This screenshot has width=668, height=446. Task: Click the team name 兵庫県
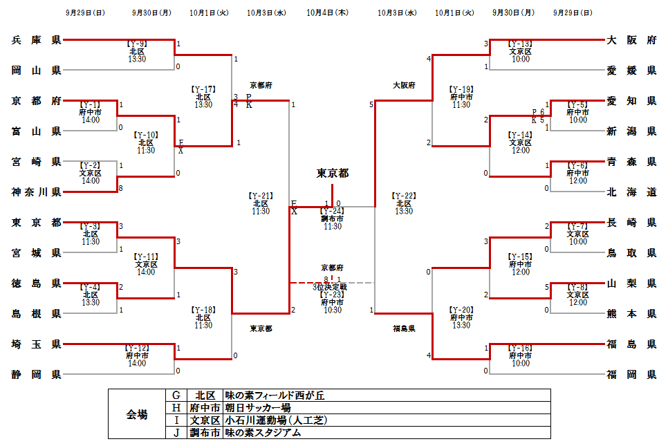(x=37, y=40)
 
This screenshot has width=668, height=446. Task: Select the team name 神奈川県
(x=37, y=192)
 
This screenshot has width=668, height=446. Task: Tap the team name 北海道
(x=631, y=192)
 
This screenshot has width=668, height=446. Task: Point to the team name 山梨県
(x=631, y=284)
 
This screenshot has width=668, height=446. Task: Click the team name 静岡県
(x=37, y=375)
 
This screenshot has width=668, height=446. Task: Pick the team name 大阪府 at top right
(x=631, y=40)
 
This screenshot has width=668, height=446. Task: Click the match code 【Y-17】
(x=203, y=89)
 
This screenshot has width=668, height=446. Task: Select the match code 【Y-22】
(x=404, y=196)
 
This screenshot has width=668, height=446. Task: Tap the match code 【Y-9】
(x=137, y=44)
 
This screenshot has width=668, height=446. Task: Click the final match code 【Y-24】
(x=332, y=211)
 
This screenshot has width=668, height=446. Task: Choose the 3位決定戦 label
(x=332, y=287)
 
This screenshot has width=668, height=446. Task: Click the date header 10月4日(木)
(x=327, y=12)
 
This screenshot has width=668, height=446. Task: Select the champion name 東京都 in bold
(x=333, y=173)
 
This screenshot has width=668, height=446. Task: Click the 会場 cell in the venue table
(x=136, y=414)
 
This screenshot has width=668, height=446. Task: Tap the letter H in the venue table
(x=176, y=408)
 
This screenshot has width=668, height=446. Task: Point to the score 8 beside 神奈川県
(x=120, y=187)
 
